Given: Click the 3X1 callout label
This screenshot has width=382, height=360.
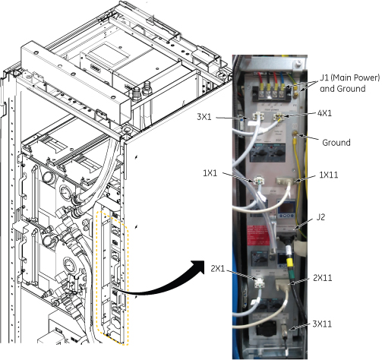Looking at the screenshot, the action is pyautogui.click(x=204, y=117).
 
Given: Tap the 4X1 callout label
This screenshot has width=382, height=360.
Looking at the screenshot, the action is pyautogui.click(x=324, y=113).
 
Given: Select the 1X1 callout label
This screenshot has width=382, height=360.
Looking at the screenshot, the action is pyautogui.click(x=210, y=173).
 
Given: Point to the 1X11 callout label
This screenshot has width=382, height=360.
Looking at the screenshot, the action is pyautogui.click(x=329, y=175).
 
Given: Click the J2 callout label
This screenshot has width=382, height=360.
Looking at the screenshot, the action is pyautogui.click(x=320, y=217).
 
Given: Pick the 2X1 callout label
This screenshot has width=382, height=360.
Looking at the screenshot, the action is pyautogui.click(x=218, y=268).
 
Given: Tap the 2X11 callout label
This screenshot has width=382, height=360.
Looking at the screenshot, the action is pyautogui.click(x=323, y=278).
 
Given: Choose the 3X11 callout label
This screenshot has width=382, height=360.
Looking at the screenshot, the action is pyautogui.click(x=322, y=324).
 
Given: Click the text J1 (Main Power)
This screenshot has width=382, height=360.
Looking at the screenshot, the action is pyautogui.click(x=350, y=77).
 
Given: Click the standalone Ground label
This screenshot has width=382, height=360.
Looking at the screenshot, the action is pyautogui.click(x=336, y=143).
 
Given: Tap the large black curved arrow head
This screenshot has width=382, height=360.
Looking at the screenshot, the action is pyautogui.click(x=198, y=267).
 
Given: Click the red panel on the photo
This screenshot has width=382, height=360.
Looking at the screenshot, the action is pyautogui.click(x=258, y=235).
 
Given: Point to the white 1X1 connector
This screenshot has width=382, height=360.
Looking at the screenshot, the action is pyautogui.click(x=258, y=181).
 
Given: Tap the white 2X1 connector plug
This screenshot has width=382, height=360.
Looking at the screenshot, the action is pyautogui.click(x=260, y=283).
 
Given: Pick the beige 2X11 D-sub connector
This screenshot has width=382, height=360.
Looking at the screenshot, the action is pyautogui.click(x=283, y=285).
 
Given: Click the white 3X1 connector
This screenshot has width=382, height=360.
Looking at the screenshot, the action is pyautogui.click(x=257, y=117).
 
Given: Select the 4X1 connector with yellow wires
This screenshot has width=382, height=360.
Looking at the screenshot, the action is pyautogui.click(x=279, y=116).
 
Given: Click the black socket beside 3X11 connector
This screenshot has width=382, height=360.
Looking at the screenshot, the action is pyautogui.click(x=265, y=328).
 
